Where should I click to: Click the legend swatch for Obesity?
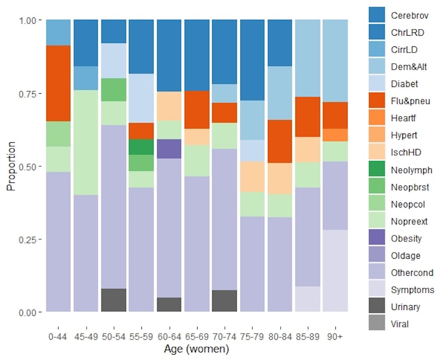[x=376, y=238]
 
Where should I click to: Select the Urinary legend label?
[x=405, y=307]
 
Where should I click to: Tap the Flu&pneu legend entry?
[x=410, y=101]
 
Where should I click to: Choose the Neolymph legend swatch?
[x=376, y=170]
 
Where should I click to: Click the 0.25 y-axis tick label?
[x=30, y=239]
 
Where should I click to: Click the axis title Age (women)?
[x=197, y=348]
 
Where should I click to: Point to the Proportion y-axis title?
[x=11, y=166]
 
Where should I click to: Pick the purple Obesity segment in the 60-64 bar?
[x=169, y=149]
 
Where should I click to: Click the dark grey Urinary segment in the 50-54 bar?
[x=114, y=300]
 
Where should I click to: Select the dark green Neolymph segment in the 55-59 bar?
[x=141, y=147]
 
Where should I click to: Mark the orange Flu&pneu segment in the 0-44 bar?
[x=58, y=83]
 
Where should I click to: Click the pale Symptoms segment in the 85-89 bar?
[x=307, y=299]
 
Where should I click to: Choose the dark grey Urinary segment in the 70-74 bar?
[x=224, y=301]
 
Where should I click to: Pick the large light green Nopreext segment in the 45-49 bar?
[x=86, y=142]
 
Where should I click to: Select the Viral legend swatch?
[x=376, y=324]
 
